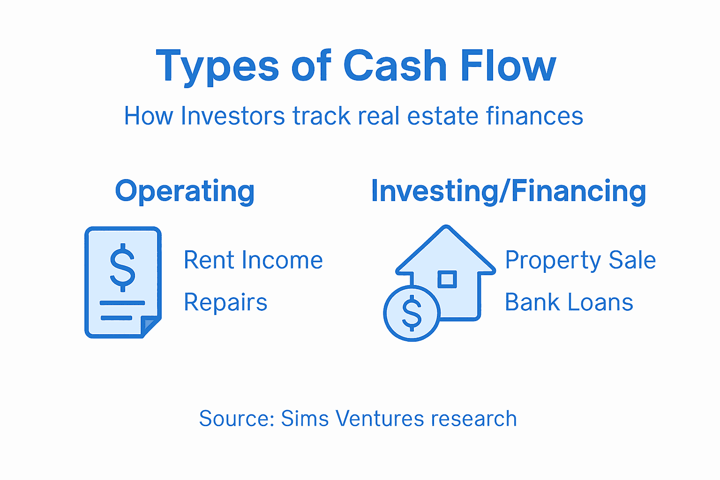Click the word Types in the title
[217, 67]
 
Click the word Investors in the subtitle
[232, 116]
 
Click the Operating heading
[185, 191]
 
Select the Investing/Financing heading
[508, 191]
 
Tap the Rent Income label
[253, 260]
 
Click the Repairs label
[225, 302]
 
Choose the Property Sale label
[580, 260]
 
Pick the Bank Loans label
[569, 302]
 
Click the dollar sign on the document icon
[122, 267]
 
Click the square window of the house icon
[447, 279]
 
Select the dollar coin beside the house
[412, 313]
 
